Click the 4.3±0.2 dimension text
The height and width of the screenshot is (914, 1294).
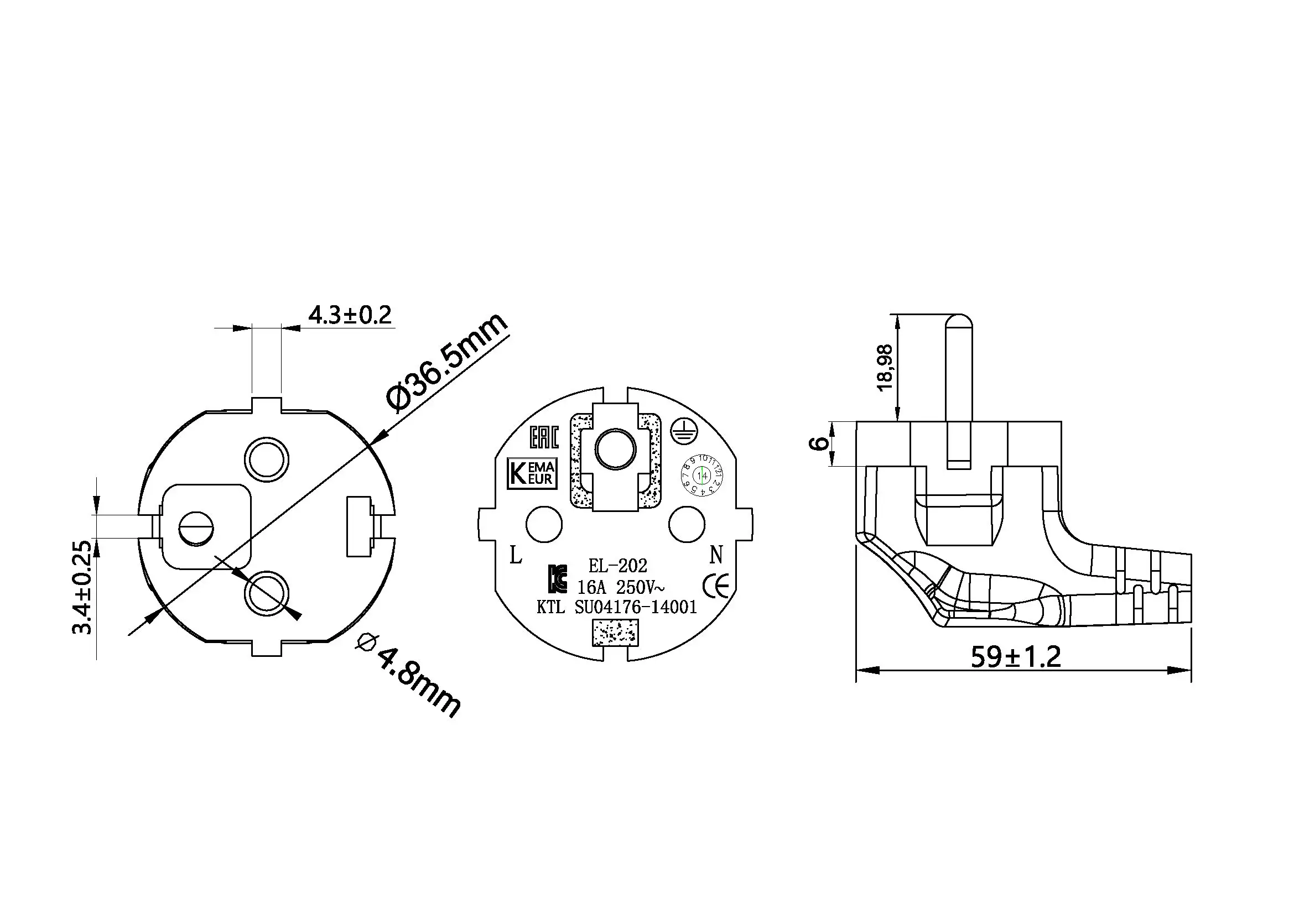pos(350,315)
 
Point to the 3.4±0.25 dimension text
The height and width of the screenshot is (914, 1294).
pos(82,587)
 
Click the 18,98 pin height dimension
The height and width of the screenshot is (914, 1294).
pos(885,368)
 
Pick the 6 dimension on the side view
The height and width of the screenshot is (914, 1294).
pos(819,443)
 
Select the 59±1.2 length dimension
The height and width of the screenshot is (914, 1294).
pos(1016,657)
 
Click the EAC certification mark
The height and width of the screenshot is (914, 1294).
pos(544,437)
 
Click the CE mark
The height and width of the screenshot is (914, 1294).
pos(716,587)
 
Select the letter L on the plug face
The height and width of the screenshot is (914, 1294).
pos(515,556)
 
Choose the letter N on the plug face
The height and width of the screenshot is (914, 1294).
pos(716,555)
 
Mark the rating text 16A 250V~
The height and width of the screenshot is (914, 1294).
pos(621,587)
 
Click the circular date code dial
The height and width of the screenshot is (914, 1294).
pos(701,476)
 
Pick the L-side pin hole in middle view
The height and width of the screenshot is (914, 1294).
pos(544,524)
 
